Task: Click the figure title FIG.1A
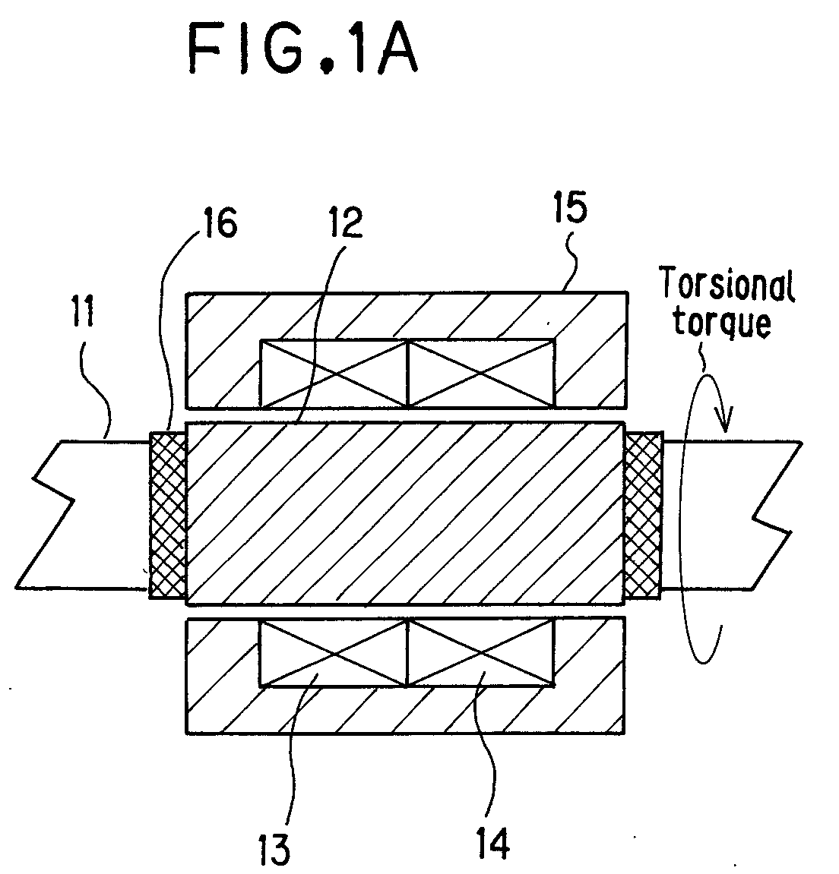(x=302, y=49)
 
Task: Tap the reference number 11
(x=83, y=311)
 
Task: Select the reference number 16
(x=220, y=222)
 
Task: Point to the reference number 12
(x=346, y=222)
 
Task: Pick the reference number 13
(x=274, y=847)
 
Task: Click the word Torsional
(x=727, y=284)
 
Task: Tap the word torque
(x=722, y=322)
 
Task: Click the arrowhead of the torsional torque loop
(x=724, y=418)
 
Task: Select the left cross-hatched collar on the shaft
(x=168, y=515)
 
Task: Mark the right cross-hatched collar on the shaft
(x=643, y=515)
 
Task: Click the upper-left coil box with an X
(x=334, y=373)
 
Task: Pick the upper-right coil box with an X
(x=482, y=373)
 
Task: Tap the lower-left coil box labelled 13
(x=334, y=653)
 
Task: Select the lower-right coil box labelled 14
(x=482, y=653)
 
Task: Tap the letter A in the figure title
(x=397, y=50)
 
